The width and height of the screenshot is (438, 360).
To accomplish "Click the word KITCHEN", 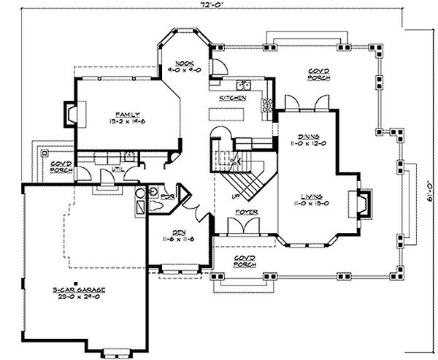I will (x=232, y=98).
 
